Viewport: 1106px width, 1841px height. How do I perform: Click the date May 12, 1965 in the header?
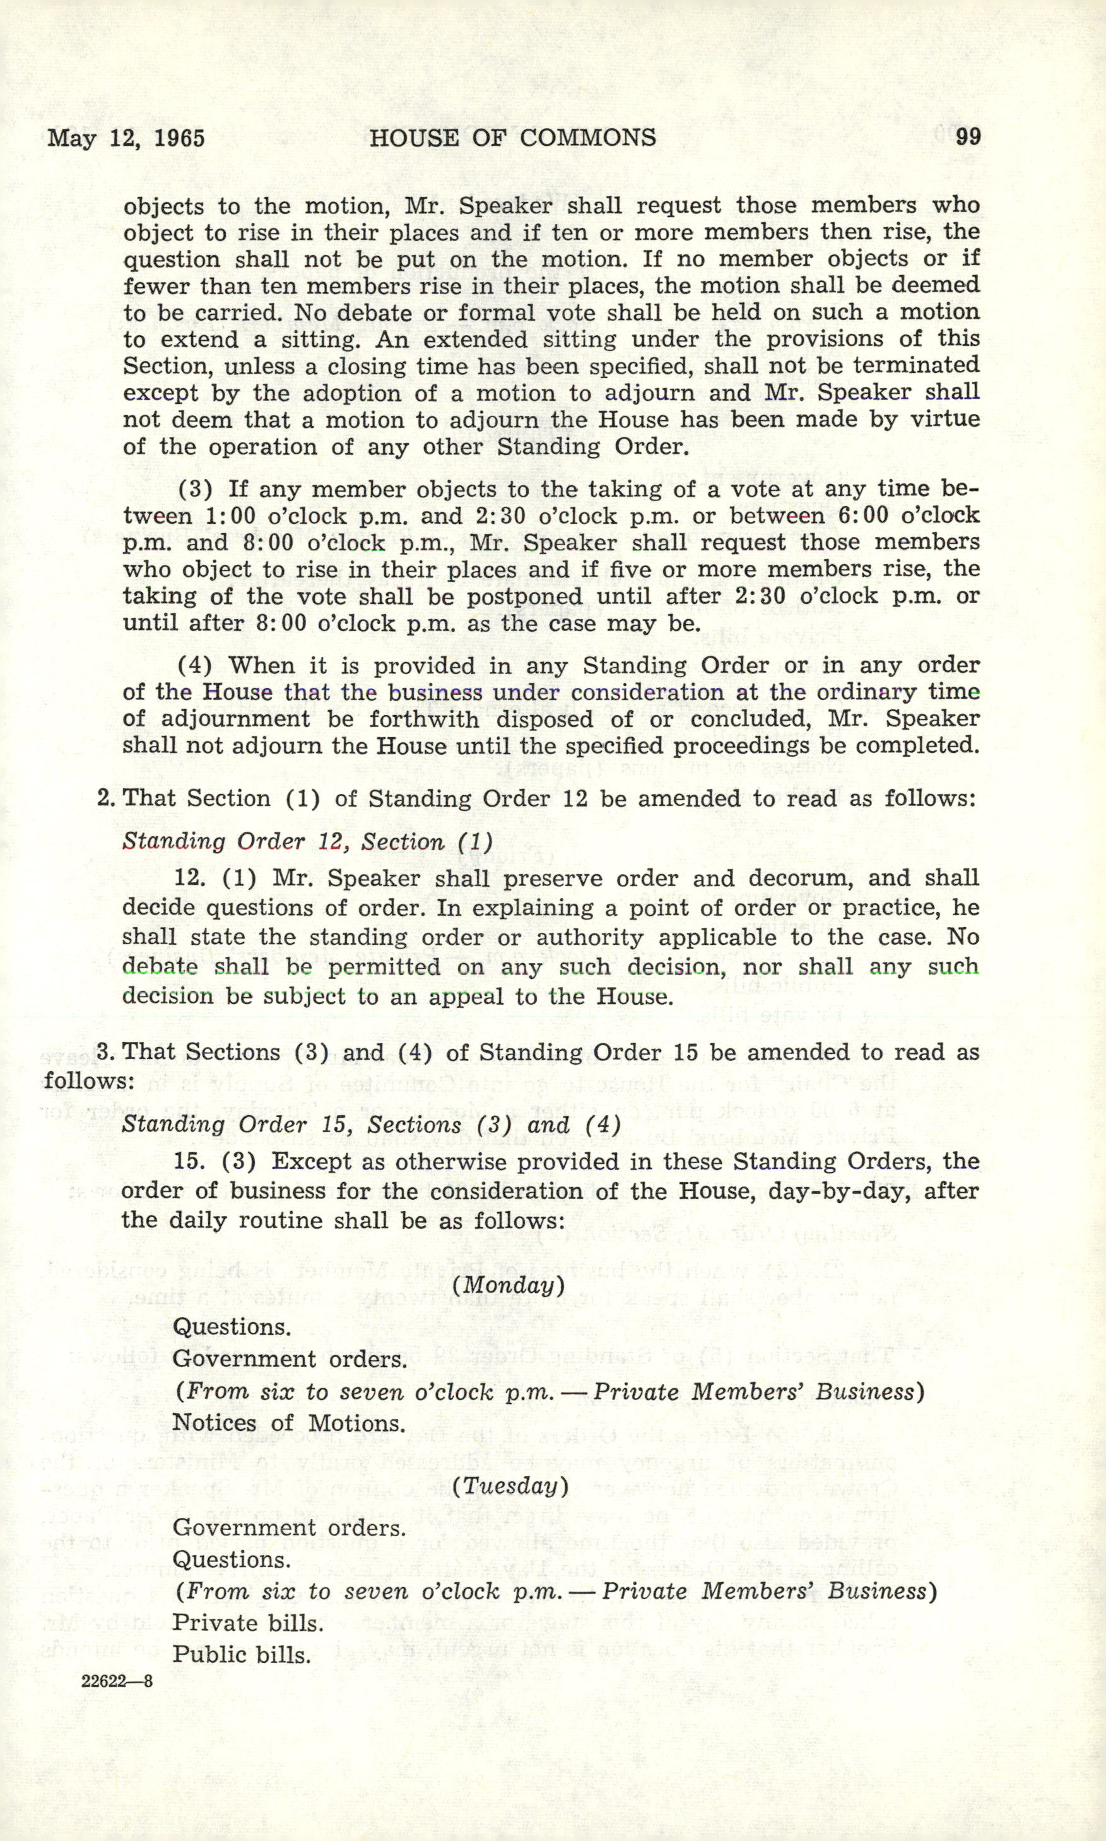(126, 139)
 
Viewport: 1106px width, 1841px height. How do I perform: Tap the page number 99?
(967, 137)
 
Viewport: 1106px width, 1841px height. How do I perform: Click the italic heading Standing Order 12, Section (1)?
(307, 841)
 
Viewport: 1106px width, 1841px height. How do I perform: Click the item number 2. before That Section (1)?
(106, 798)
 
